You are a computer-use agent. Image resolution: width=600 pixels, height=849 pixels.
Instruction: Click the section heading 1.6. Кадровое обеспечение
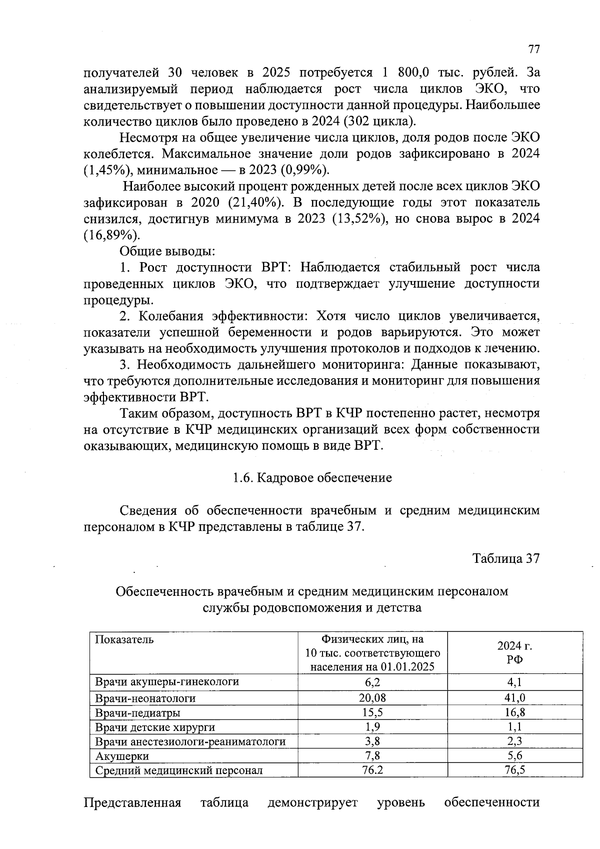[312, 478]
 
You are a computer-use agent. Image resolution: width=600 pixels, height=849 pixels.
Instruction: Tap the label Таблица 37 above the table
[506, 558]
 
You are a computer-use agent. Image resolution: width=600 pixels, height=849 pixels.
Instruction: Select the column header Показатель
[124, 639]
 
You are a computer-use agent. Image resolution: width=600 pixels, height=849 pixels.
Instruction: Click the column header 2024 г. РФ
[514, 652]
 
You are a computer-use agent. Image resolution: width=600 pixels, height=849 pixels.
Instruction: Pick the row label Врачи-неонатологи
[145, 698]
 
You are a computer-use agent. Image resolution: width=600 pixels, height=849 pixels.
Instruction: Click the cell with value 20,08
[373, 698]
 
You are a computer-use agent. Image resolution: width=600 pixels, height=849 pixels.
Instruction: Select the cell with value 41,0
[514, 698]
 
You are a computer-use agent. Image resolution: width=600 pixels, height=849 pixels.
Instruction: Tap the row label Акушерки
[122, 756]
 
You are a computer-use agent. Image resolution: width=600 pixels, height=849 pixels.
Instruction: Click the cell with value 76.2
[372, 770]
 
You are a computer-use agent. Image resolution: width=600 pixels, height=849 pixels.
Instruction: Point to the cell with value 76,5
[514, 770]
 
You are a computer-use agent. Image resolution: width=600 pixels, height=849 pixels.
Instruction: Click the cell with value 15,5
[373, 712]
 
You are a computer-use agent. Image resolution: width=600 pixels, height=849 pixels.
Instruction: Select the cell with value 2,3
[514, 741]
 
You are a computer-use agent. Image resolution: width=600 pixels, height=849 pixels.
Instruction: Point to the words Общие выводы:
[167, 251]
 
